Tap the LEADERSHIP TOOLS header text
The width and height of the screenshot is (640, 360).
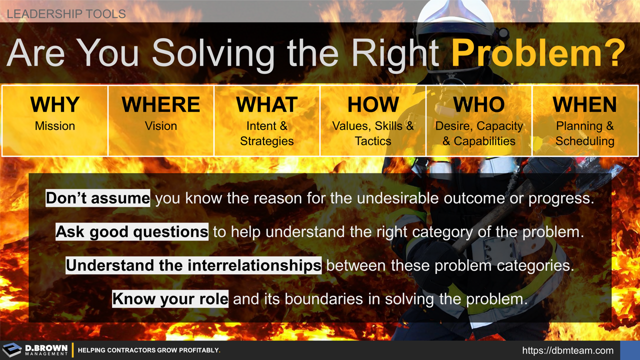click(66, 13)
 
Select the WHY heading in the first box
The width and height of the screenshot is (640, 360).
click(55, 104)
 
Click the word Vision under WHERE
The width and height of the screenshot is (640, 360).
click(161, 126)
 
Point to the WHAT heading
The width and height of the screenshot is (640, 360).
click(267, 104)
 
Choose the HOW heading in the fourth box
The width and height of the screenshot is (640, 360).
click(373, 104)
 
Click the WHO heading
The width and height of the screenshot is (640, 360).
click(479, 104)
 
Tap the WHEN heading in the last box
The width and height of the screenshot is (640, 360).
click(585, 104)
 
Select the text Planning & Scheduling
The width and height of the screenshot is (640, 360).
click(585, 133)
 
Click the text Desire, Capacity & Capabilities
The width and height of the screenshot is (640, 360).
click(479, 133)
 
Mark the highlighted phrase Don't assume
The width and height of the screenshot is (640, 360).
click(97, 198)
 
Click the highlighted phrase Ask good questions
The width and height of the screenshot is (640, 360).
click(132, 232)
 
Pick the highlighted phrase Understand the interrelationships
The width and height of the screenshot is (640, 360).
click(193, 265)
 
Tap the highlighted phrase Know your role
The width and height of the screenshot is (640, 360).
click(170, 298)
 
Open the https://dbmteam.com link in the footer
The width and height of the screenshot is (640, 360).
click(567, 350)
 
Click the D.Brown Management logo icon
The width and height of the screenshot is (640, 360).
click(12, 350)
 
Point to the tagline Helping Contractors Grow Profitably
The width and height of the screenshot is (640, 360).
click(149, 350)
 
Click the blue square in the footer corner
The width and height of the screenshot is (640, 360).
click(630, 350)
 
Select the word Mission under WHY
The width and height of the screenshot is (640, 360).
click(55, 126)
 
